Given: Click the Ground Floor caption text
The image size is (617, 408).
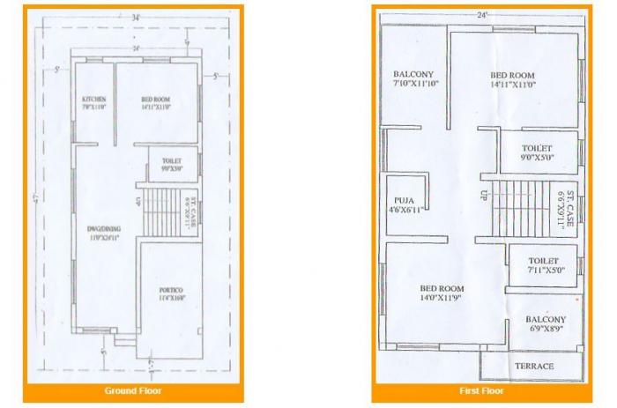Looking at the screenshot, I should pos(132,389).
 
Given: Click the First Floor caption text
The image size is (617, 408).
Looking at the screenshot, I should pos(481,389).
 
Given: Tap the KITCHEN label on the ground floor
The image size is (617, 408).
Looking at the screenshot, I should pos(93,100).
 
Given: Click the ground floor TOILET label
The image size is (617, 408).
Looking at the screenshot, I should pos(172,162).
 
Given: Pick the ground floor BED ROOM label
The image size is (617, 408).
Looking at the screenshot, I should pos(156,100).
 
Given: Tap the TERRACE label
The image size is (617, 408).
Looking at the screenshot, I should pos(533,366).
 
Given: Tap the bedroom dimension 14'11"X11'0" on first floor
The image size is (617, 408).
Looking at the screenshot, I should pos(513,84).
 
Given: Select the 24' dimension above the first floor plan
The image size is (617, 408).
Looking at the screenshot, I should pos(481,14).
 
